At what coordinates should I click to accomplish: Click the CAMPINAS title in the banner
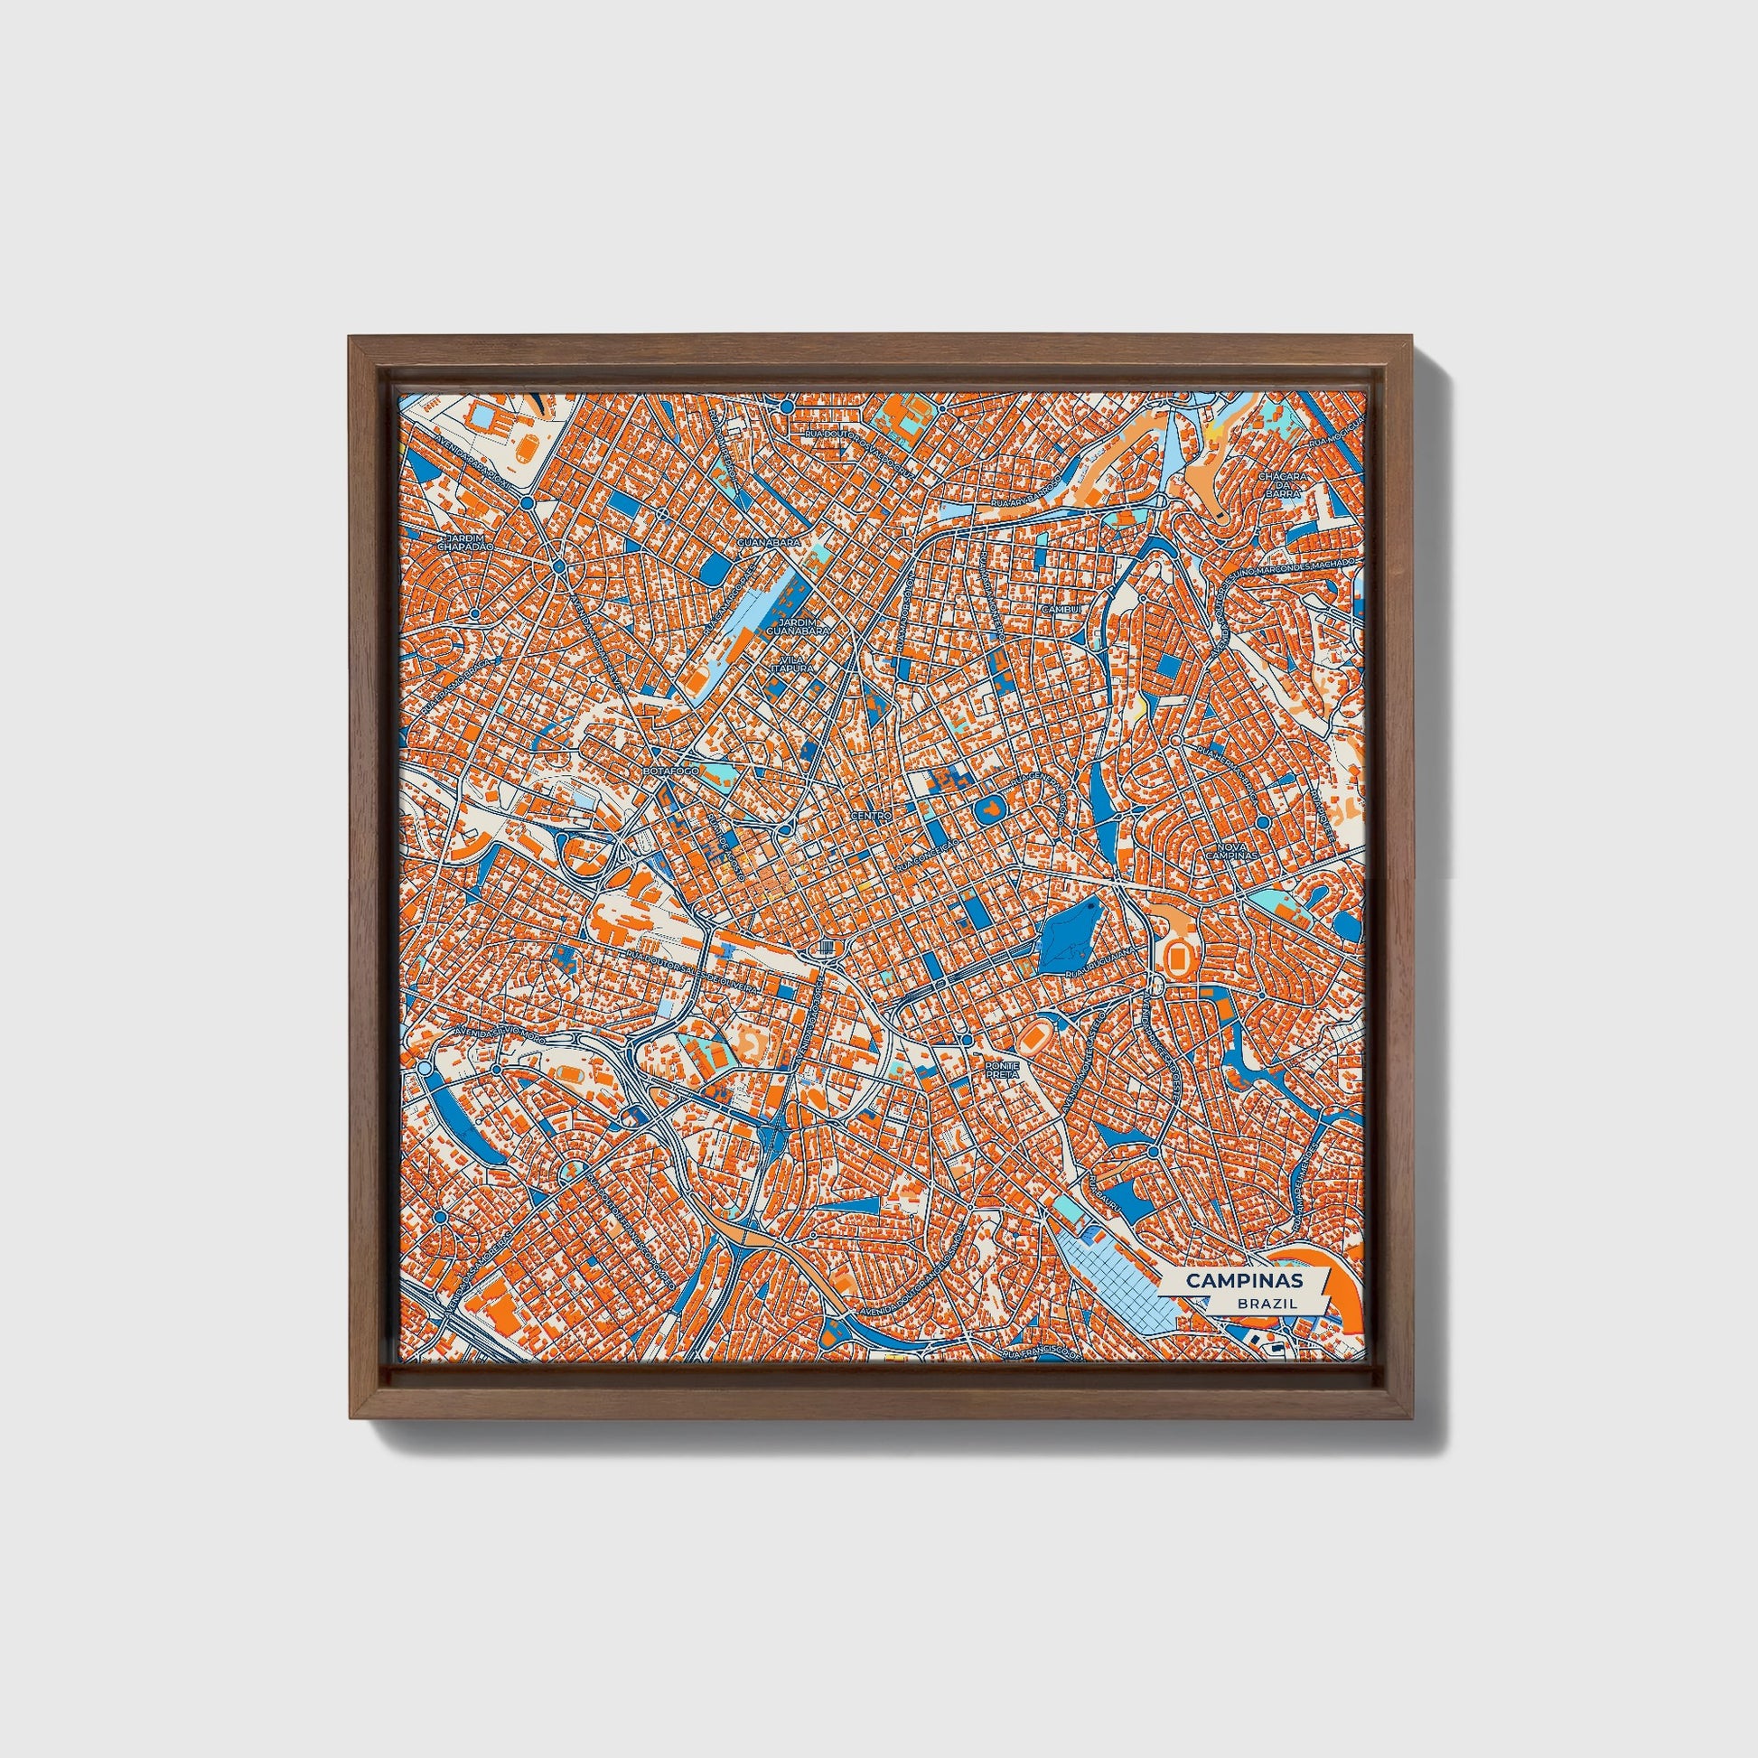coord(1243,1280)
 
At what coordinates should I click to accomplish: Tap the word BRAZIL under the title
coord(1267,1303)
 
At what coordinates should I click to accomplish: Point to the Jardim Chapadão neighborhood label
coord(464,541)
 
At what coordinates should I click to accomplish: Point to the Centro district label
coord(870,817)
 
